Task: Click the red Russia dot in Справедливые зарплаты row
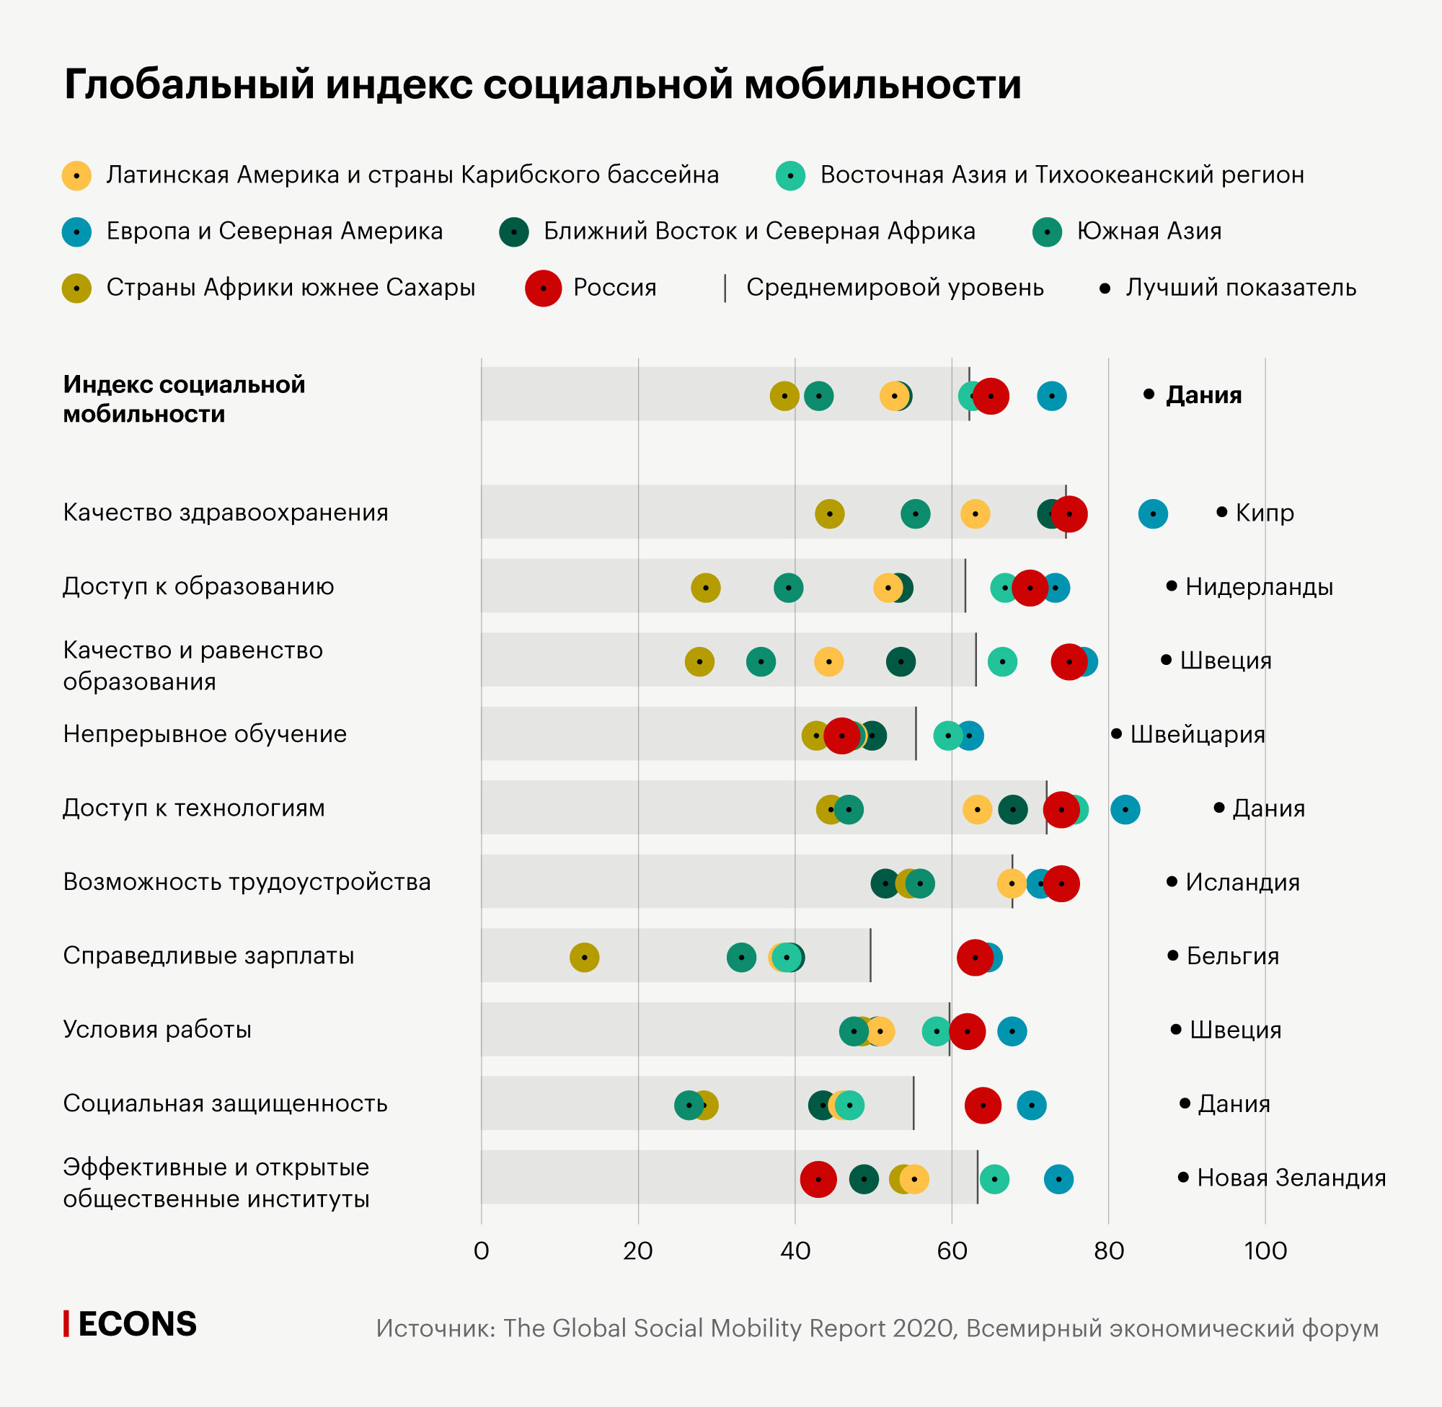pos(975,957)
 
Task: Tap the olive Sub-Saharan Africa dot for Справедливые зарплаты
pos(584,957)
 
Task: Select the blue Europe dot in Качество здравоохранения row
pos(1152,513)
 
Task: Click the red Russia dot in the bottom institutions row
pos(818,1178)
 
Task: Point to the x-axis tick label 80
pos(1108,1251)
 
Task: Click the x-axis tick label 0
pos(481,1251)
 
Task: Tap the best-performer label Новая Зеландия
pos(1291,1177)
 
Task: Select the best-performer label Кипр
pos(1264,512)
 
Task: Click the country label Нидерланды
pos(1259,586)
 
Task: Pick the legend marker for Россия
pos(543,288)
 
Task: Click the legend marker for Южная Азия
pos(1047,232)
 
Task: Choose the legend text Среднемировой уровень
pos(895,288)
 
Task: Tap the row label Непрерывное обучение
pos(205,734)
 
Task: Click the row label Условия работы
pos(157,1029)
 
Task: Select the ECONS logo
pos(131,1323)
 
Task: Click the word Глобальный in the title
pos(189,84)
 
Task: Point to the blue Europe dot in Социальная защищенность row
pos(1031,1105)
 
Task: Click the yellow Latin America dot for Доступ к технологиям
pos(977,809)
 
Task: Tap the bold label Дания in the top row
pos(1203,395)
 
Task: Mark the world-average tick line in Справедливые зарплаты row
pos(870,955)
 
